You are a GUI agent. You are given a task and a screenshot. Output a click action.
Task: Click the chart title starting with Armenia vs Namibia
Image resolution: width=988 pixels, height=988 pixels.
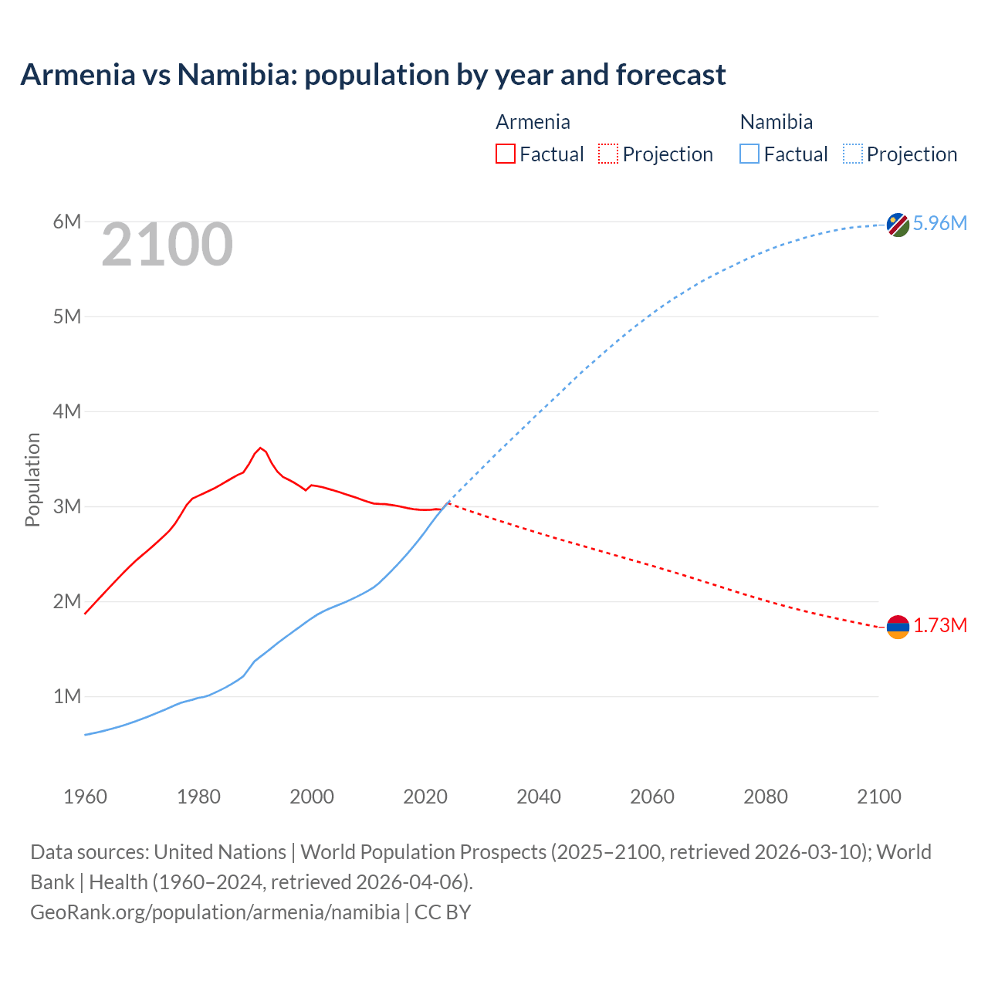(373, 75)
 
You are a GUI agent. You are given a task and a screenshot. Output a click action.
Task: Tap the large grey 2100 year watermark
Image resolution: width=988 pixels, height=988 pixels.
(167, 245)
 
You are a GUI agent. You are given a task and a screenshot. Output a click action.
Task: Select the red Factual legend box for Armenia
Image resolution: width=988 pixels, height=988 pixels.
(505, 154)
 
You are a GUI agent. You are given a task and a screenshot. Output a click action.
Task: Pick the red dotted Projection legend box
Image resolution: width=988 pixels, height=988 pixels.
(607, 154)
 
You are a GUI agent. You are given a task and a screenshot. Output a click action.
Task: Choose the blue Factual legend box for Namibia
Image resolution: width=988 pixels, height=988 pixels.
(749, 154)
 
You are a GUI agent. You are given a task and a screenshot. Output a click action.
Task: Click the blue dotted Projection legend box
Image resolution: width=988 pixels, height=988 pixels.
(852, 154)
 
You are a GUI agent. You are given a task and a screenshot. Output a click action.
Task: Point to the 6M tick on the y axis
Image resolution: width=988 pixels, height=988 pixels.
(67, 222)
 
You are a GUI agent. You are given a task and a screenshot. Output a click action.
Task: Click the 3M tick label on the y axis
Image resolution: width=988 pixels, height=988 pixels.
(67, 507)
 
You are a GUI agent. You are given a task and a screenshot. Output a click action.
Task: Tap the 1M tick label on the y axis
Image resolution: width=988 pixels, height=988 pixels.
(67, 697)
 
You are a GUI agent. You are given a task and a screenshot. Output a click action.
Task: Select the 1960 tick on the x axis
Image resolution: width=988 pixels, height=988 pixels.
(85, 797)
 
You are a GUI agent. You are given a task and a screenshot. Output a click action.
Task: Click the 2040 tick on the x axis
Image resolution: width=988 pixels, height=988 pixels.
(539, 797)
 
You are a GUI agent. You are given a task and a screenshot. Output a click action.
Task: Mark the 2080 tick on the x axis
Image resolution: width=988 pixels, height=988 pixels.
(766, 797)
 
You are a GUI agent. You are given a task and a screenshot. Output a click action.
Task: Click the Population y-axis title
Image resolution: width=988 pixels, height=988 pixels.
(32, 479)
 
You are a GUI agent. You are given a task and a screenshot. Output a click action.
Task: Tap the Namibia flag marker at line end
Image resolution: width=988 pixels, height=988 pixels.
(898, 225)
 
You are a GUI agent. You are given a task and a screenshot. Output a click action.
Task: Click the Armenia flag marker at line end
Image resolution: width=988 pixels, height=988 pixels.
(898, 627)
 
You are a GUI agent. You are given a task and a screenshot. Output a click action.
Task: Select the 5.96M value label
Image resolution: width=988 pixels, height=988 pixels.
(939, 224)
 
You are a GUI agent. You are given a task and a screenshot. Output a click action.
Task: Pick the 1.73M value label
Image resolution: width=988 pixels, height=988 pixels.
(939, 626)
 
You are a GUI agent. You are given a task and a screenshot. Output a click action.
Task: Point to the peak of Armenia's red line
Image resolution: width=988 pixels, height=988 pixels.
(260, 448)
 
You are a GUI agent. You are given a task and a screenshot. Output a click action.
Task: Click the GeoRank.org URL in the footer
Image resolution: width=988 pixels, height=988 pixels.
(215, 912)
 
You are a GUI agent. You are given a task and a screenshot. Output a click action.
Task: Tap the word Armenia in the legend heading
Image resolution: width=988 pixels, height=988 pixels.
(533, 122)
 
